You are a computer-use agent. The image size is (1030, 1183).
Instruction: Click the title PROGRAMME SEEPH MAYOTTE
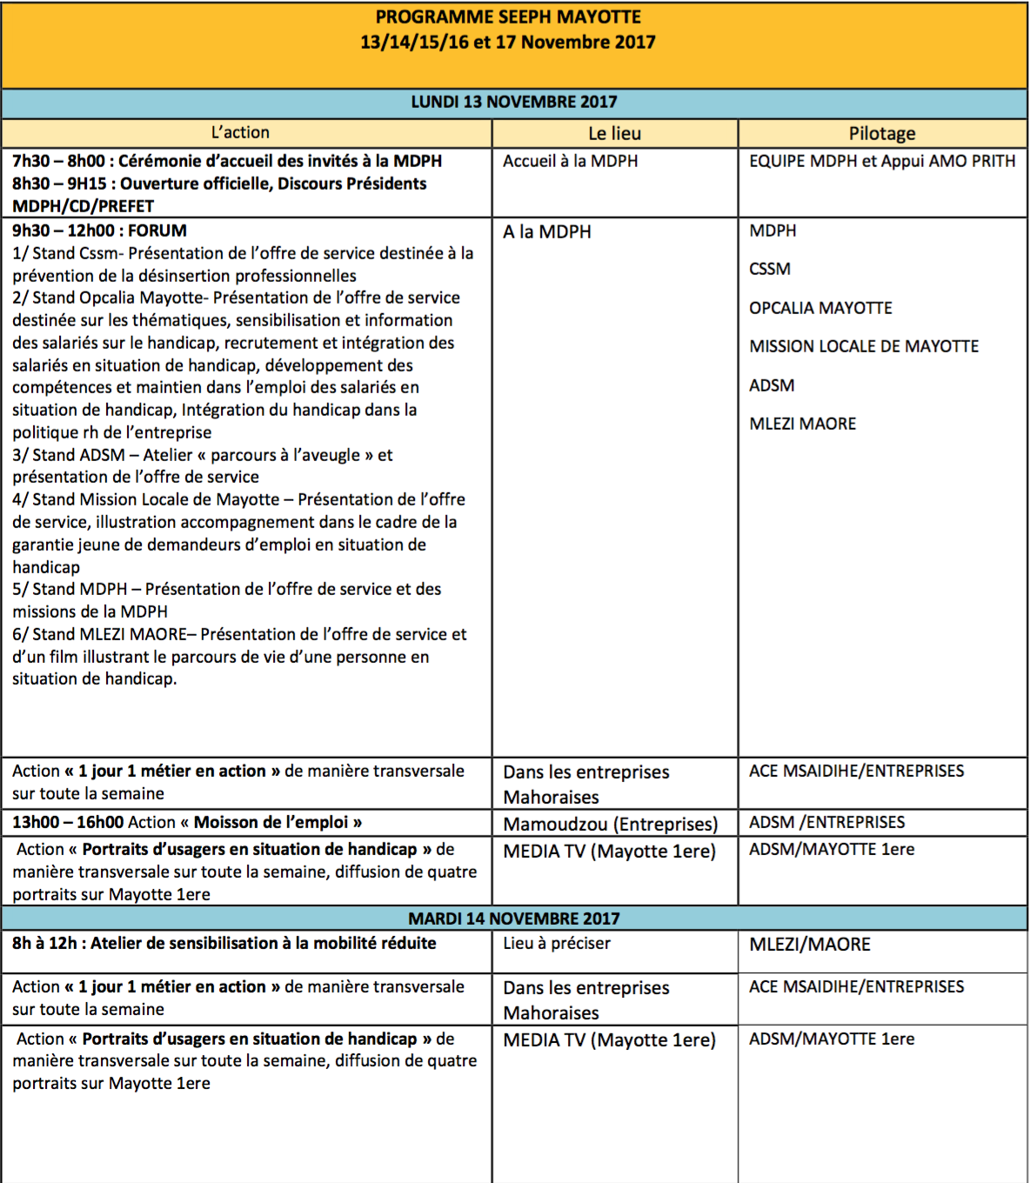[508, 17]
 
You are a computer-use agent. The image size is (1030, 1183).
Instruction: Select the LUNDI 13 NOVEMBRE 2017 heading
[514, 102]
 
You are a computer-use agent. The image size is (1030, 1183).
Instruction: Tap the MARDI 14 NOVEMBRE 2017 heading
[514, 919]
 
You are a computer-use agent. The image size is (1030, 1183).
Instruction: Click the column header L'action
[240, 132]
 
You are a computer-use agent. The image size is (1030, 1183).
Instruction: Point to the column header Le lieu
[614, 133]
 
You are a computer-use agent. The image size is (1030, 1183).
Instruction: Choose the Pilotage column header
[882, 133]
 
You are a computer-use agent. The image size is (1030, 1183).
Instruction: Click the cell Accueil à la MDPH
[571, 161]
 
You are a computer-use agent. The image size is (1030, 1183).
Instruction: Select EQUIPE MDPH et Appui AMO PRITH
[882, 161]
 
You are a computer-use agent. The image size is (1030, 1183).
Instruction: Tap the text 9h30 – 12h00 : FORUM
[99, 231]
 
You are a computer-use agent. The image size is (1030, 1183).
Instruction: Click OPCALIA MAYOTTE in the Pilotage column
[820, 308]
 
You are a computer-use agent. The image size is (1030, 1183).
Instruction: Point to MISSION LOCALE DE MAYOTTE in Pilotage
[864, 346]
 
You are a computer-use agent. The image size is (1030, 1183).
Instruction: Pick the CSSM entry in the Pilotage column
[770, 269]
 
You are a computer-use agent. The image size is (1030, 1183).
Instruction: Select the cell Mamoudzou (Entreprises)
[611, 824]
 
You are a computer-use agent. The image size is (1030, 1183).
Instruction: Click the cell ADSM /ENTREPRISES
[826, 822]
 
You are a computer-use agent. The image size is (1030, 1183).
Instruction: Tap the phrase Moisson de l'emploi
[271, 822]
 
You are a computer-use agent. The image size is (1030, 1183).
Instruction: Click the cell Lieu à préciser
[557, 943]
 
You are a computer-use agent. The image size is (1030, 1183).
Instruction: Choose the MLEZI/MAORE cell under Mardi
[810, 944]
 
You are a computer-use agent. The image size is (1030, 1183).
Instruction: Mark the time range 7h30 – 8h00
[58, 161]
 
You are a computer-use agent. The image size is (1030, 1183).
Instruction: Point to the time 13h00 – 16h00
[66, 822]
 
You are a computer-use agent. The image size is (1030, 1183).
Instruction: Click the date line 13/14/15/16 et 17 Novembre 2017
[508, 42]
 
